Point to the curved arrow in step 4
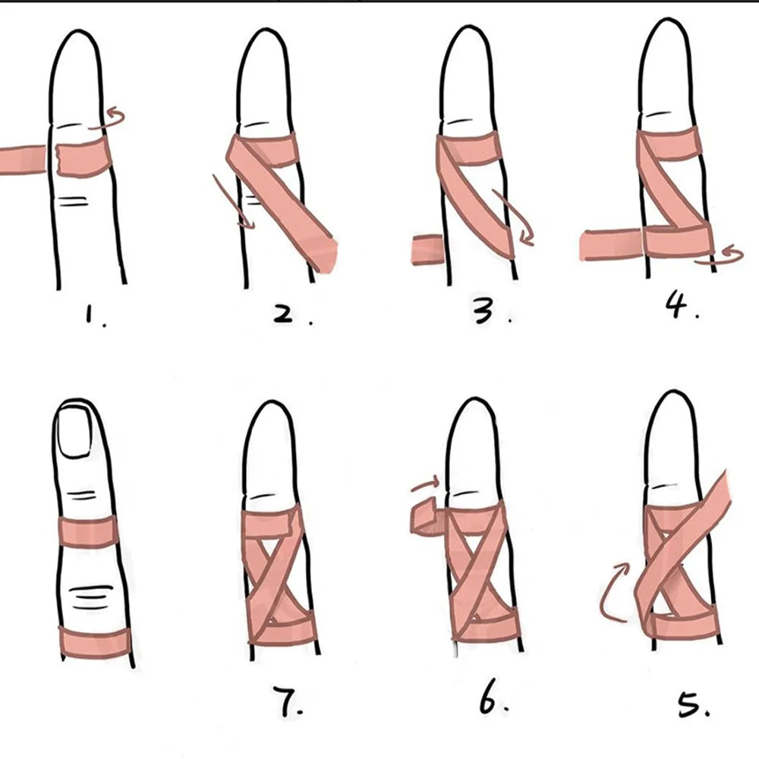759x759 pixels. click(x=721, y=255)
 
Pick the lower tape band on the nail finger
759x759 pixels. click(x=94, y=642)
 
